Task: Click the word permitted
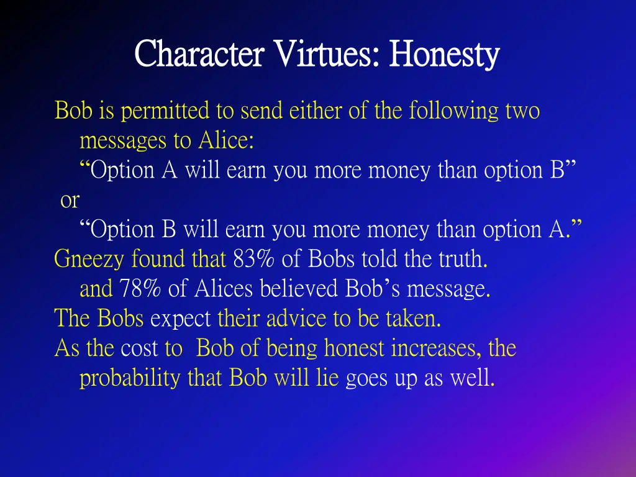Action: coord(166,112)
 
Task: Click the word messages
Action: coord(124,141)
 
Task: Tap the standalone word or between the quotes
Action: coord(70,200)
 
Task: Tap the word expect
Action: coord(181,319)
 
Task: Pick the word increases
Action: coord(435,348)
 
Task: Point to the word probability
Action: coord(130,378)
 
